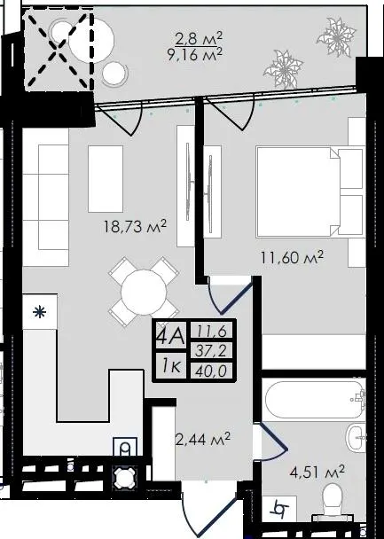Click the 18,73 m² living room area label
(x=135, y=227)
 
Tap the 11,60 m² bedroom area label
(x=292, y=257)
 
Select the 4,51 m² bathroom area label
(x=317, y=472)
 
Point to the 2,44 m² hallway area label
(x=203, y=439)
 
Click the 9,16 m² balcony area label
(x=195, y=54)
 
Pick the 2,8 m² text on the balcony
(x=199, y=38)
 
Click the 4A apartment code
(x=171, y=334)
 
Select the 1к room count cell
(x=171, y=366)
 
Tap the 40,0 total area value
(x=211, y=371)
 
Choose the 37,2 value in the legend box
(x=211, y=351)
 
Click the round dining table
(x=144, y=293)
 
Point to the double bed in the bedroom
(x=310, y=191)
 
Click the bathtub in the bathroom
(x=314, y=398)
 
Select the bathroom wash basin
(x=355, y=438)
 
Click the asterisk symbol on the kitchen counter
(x=40, y=312)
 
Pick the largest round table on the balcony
(x=91, y=40)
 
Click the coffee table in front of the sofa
(x=106, y=179)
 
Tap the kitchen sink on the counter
(x=125, y=447)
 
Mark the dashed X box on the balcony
(x=58, y=50)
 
